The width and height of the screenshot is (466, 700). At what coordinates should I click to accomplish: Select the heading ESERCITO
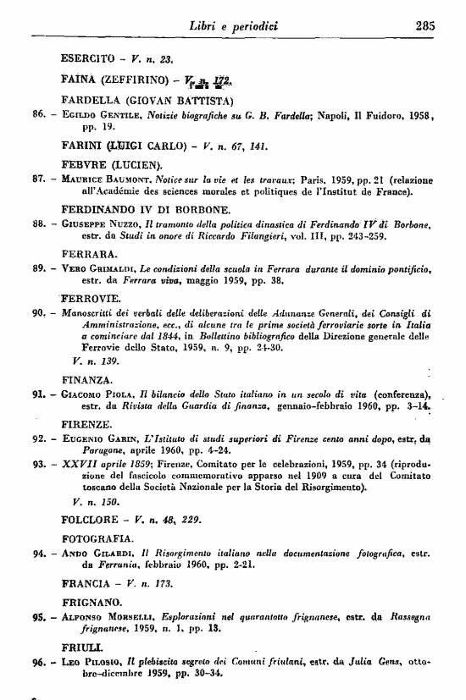[x=92, y=59]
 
